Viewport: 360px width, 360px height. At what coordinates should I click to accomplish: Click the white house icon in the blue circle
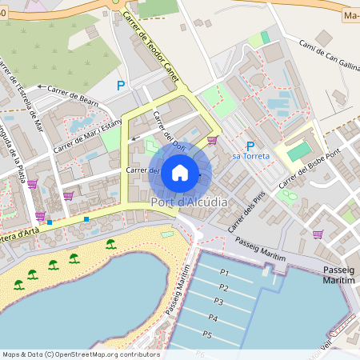[x=180, y=172]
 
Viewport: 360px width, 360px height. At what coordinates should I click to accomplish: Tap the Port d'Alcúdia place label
[x=189, y=202]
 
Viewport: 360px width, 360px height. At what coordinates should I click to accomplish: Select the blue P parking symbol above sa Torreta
[x=250, y=146]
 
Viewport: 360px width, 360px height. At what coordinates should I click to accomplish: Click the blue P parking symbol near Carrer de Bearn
[x=121, y=85]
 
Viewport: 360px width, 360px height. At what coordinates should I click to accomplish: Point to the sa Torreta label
[x=250, y=157]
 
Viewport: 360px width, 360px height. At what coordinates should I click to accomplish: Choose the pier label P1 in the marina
[x=223, y=273]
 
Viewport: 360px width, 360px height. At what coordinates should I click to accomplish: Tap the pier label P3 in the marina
[x=218, y=301]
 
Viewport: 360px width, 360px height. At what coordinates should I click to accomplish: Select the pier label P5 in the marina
[x=207, y=334]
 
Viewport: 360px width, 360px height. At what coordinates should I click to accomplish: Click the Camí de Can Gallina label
[x=328, y=56]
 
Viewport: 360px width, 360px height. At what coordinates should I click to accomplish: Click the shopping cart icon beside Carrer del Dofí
[x=212, y=140]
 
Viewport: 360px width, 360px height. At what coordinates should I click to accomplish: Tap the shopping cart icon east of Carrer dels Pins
[x=318, y=234]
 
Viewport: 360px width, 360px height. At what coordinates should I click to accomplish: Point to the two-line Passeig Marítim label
[x=337, y=276]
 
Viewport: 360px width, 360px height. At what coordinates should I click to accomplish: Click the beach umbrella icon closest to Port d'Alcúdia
[x=111, y=243]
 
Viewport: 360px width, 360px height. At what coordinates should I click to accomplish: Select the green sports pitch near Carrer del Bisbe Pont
[x=298, y=151]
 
